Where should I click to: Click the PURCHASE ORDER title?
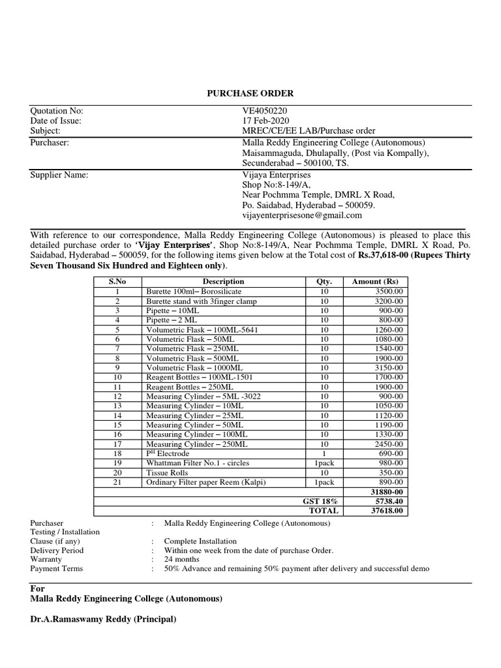point(250,94)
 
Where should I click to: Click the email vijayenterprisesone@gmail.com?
point(301,215)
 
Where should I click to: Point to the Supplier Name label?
point(59,175)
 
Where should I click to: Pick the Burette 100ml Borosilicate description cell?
point(194,292)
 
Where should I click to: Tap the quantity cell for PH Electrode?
point(324,453)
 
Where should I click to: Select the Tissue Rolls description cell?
point(167,472)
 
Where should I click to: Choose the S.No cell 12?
point(117,396)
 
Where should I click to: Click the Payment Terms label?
point(57,568)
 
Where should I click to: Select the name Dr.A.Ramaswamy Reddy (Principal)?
point(103,619)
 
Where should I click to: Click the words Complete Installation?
point(200,541)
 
